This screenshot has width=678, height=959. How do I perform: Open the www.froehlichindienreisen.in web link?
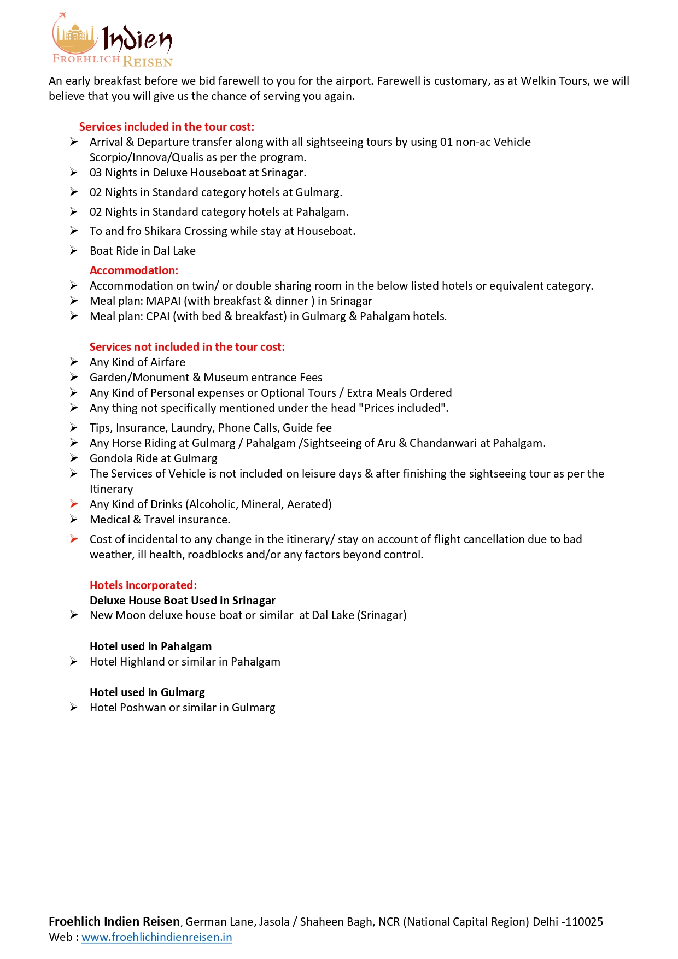(x=156, y=937)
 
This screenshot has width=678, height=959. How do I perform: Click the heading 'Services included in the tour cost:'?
(x=166, y=127)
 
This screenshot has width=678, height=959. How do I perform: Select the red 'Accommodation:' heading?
(x=134, y=270)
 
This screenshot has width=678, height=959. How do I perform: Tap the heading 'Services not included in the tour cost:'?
(x=187, y=347)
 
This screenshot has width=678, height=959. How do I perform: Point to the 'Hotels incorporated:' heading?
(x=143, y=585)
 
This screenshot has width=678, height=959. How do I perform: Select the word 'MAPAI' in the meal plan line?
(x=163, y=301)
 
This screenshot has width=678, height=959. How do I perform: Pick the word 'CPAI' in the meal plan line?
(x=157, y=316)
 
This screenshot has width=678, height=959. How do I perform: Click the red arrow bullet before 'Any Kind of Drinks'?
(x=74, y=504)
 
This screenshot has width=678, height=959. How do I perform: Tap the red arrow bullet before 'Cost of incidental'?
(x=74, y=539)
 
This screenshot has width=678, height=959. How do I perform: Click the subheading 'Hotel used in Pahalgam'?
(x=150, y=646)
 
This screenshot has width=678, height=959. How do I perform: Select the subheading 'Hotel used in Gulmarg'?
(x=147, y=692)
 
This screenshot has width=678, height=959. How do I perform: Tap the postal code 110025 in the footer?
(x=585, y=922)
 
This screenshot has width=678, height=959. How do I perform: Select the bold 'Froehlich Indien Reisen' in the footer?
(x=114, y=922)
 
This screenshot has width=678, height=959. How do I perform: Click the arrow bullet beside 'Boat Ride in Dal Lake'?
(x=74, y=250)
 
